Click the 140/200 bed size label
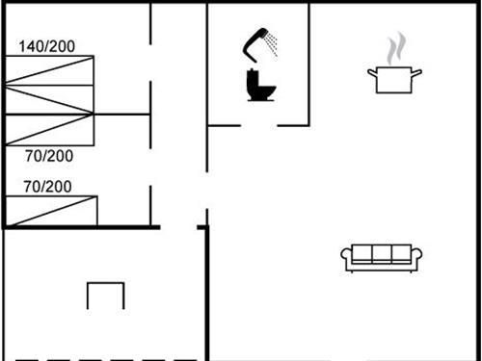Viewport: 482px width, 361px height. [47, 45]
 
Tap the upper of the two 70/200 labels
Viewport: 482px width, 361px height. [48, 155]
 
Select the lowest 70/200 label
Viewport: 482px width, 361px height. [48, 186]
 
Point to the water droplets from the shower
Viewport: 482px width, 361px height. [274, 44]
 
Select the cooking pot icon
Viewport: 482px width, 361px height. [394, 78]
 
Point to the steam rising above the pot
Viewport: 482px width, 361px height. [394, 48]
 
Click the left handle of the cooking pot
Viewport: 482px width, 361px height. [371, 70]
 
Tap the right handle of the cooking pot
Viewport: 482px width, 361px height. [417, 70]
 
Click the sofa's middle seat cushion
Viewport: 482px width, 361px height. [382, 255]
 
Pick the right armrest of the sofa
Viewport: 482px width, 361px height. [416, 257]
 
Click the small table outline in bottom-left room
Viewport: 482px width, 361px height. [105, 296]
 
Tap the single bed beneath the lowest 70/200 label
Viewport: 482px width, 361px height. [50, 211]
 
